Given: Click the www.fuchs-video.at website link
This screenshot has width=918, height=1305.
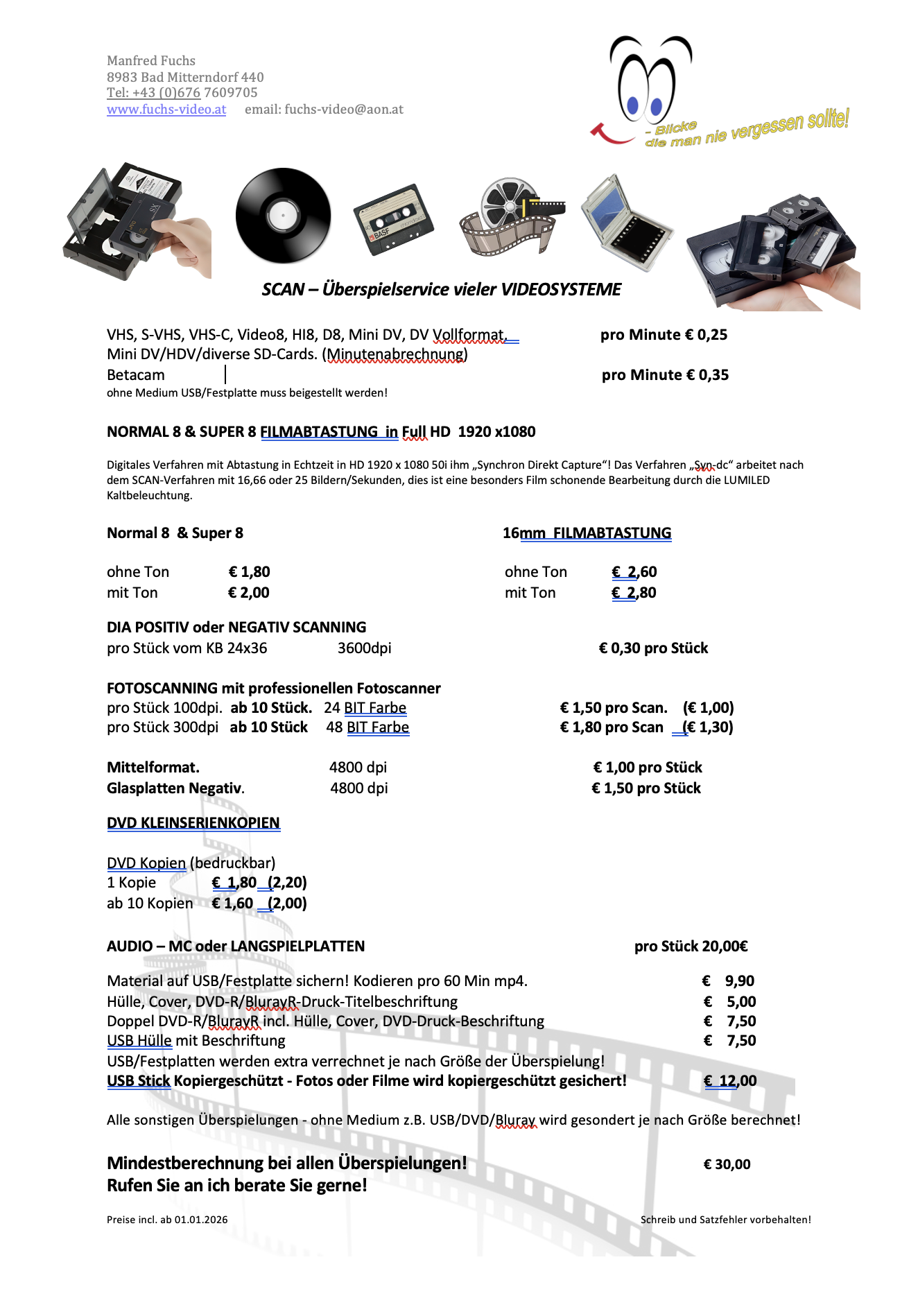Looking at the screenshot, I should [x=166, y=110].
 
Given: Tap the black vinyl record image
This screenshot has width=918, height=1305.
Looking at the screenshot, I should [x=283, y=215].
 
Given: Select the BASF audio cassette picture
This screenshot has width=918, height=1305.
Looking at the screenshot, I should [x=393, y=220].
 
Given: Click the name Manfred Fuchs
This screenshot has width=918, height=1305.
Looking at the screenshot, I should [x=151, y=61].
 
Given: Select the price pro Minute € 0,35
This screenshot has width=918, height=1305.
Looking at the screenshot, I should [x=665, y=375].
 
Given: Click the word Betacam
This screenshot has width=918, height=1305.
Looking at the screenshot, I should [x=136, y=375].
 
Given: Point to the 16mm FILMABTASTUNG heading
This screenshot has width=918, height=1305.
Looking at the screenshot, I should [x=587, y=533].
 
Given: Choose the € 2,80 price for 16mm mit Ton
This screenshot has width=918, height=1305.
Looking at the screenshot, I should [x=634, y=593].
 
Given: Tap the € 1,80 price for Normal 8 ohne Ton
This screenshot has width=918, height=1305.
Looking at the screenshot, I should [x=250, y=572].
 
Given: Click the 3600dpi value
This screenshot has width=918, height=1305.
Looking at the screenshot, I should [x=364, y=648].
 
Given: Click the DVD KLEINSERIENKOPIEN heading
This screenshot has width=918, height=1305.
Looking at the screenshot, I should [x=193, y=823].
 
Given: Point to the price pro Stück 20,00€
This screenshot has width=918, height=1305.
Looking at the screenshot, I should [x=691, y=947].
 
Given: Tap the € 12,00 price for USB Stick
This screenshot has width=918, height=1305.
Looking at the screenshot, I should [x=730, y=1081].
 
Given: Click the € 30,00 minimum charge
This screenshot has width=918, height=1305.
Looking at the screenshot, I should [x=727, y=1164].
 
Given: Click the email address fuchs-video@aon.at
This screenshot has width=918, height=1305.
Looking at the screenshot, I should [x=344, y=110].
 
